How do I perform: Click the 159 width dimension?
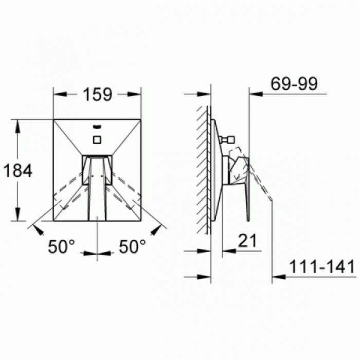pyautogui.click(x=97, y=94)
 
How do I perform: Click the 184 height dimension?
pyautogui.click(x=18, y=171)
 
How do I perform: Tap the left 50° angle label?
pyautogui.click(x=61, y=246)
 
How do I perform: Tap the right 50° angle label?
pyautogui.click(x=132, y=246)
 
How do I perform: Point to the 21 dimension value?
pyautogui.click(x=247, y=241)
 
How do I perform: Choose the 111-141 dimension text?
pyautogui.click(x=322, y=267)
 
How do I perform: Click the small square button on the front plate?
pyautogui.click(x=97, y=140)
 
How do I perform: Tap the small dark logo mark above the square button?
pyautogui.click(x=97, y=127)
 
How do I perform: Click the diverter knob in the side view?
pyautogui.click(x=227, y=139)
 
